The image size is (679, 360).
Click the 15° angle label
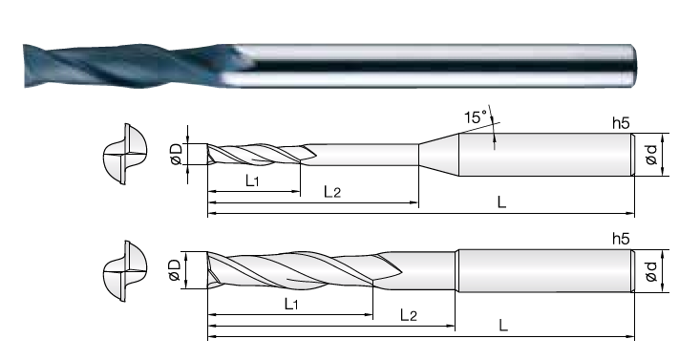[x=476, y=116]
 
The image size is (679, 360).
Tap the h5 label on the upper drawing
[x=621, y=123]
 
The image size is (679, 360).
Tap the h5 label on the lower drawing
[x=621, y=239]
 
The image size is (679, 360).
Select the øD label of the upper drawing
[x=177, y=155]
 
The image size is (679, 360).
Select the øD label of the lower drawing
[x=175, y=270]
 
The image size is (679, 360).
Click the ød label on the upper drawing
[x=651, y=155]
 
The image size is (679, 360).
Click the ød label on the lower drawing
[x=651, y=271]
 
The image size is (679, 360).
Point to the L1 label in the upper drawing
[x=252, y=180]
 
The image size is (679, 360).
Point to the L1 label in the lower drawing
[x=291, y=304]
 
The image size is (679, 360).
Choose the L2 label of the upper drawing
[x=332, y=192]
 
